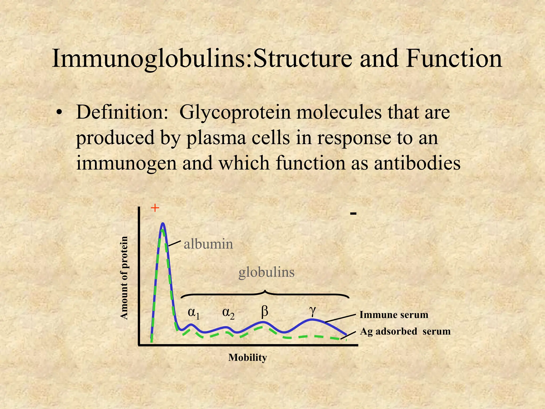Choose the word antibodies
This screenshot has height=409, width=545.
pos(417,163)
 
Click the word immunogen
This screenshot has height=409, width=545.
pos(126,163)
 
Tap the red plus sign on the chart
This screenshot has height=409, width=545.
pos(155,208)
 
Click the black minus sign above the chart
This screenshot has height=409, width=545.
pos(353,213)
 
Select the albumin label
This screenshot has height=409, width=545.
pos(208,244)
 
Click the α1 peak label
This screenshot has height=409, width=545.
pos(194,313)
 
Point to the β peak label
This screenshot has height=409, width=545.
pos(264,312)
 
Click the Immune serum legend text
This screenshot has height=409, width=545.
pos(394,315)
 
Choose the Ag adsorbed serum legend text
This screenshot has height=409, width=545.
pos(405,332)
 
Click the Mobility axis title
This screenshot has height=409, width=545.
pos(247,357)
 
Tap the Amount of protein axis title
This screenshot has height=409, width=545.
pos(124,278)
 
